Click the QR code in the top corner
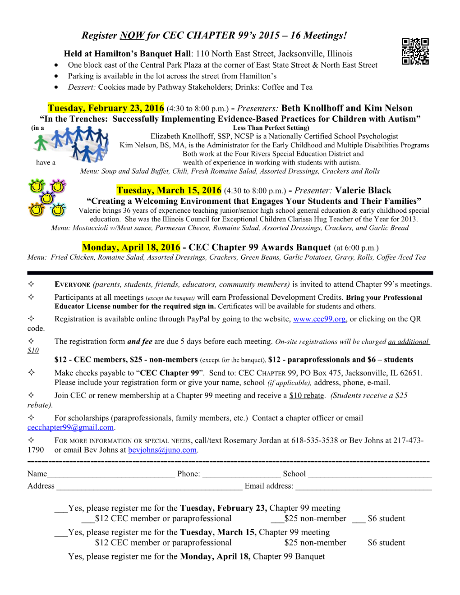(415, 51)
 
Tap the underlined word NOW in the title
(132, 36)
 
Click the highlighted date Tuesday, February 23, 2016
(106, 108)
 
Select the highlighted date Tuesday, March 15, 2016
(169, 190)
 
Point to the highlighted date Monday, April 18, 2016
(131, 247)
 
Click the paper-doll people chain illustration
(72, 143)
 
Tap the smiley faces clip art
(47, 198)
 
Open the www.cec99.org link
(319, 319)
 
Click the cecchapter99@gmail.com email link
(70, 427)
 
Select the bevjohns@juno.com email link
(162, 450)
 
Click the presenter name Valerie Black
(363, 190)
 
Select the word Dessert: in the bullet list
(82, 87)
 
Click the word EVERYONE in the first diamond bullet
(72, 284)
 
